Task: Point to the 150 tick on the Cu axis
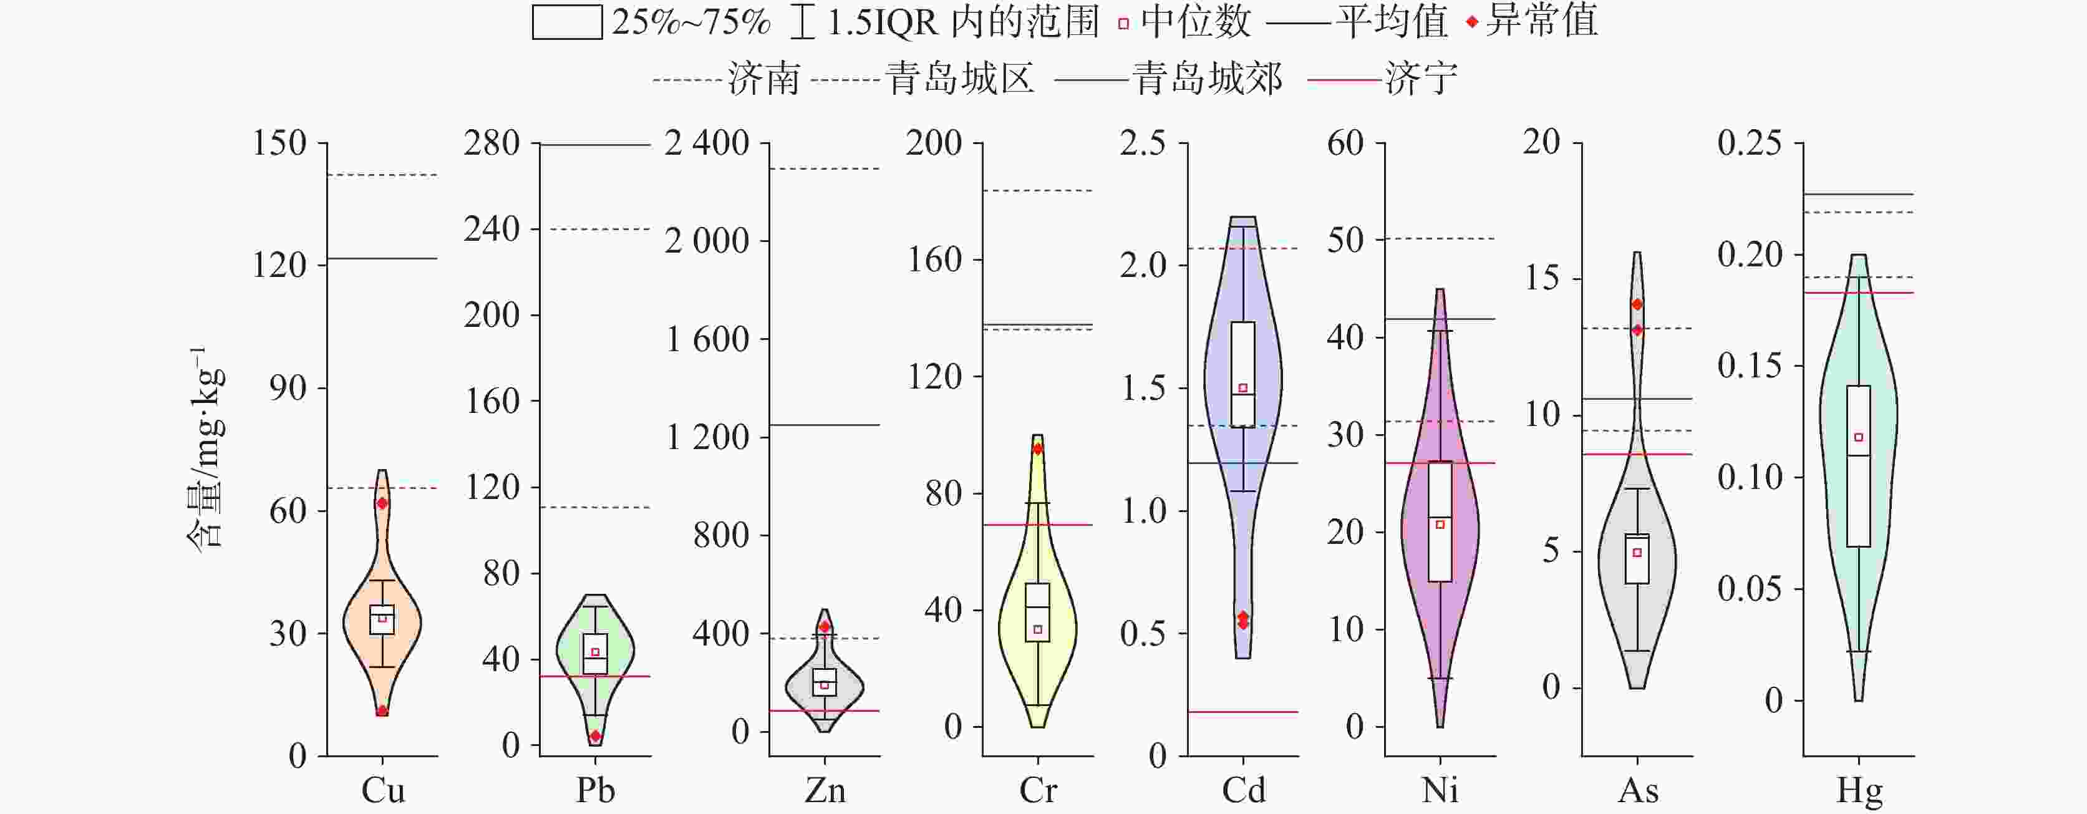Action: pos(279,143)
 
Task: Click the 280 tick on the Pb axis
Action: pos(491,143)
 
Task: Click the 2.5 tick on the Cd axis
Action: pos(1142,143)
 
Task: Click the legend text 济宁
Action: pos(1421,79)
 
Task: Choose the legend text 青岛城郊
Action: pos(1207,79)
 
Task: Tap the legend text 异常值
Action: pos(1542,21)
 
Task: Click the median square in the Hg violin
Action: pos(1859,437)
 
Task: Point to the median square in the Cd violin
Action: pos(1243,388)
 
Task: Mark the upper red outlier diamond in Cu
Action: pos(382,503)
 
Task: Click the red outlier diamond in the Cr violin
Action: pos(1038,448)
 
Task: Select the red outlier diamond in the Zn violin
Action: pos(825,626)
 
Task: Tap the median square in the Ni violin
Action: pos(1440,525)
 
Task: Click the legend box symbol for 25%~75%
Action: pos(566,22)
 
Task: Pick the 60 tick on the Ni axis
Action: pos(1345,143)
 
